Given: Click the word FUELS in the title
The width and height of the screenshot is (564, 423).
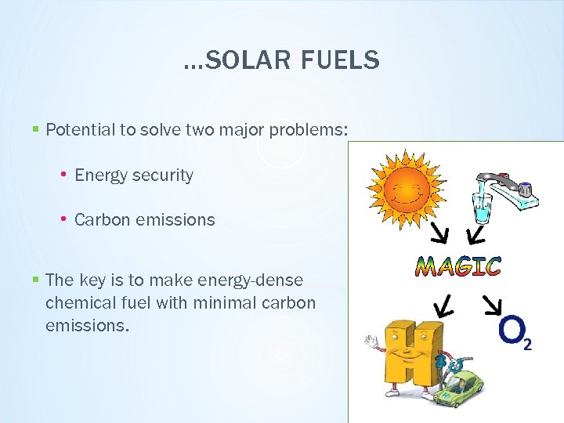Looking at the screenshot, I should [343, 60].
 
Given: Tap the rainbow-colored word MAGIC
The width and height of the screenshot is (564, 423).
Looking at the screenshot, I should [458, 266].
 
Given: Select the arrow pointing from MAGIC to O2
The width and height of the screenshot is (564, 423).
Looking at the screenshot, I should [491, 305].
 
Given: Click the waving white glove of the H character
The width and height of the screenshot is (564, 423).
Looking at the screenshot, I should [371, 341].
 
